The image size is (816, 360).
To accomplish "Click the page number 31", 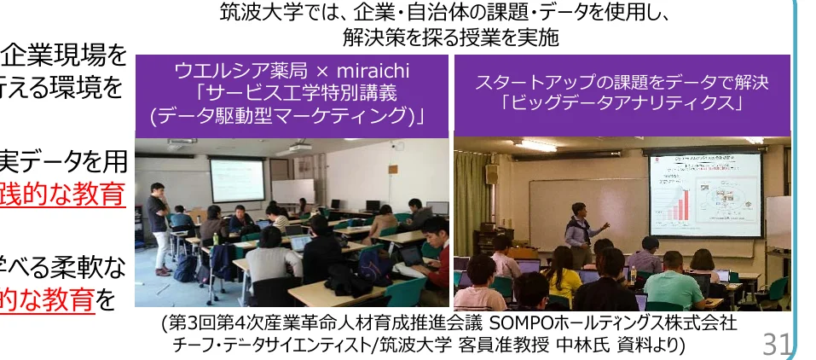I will (776, 344).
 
